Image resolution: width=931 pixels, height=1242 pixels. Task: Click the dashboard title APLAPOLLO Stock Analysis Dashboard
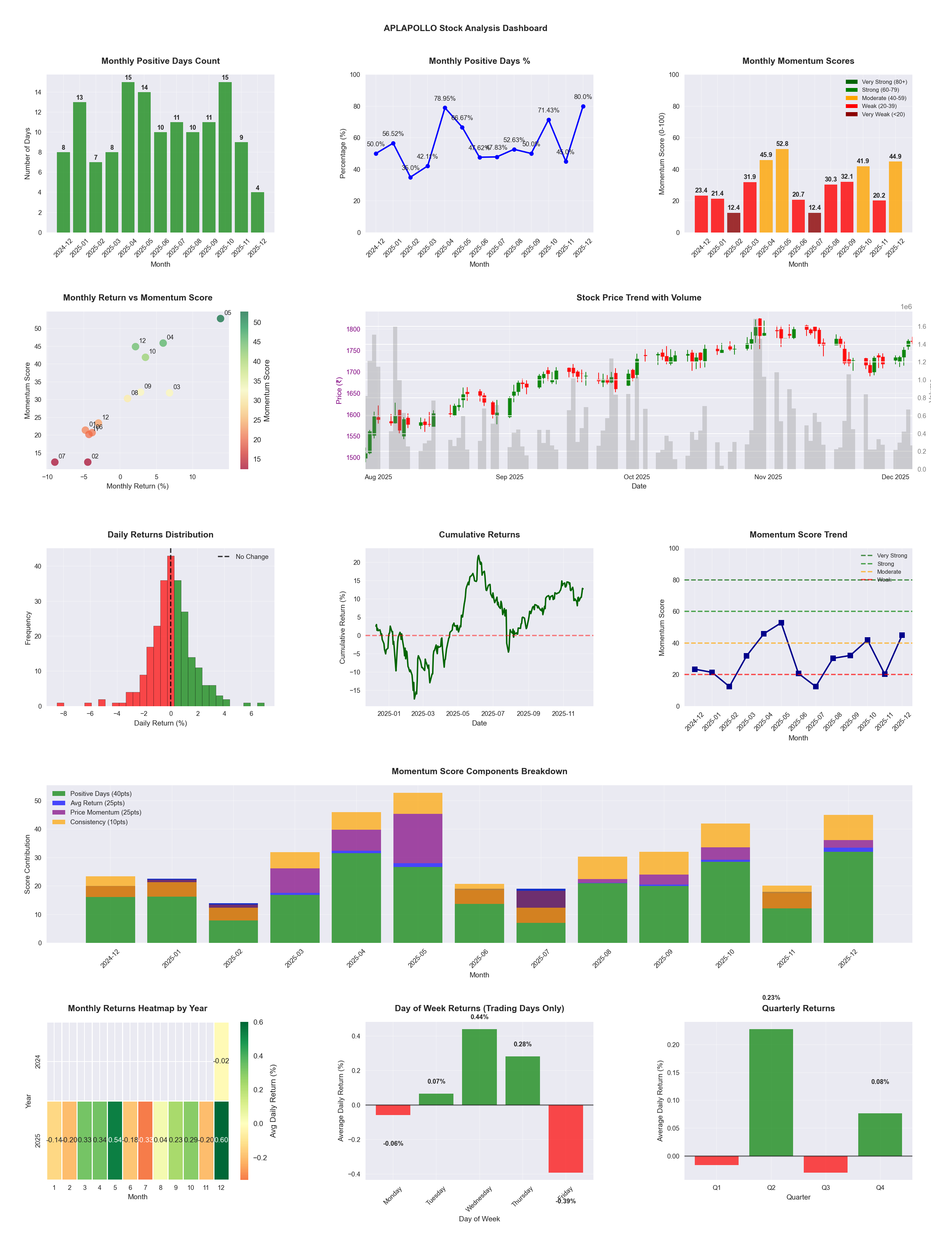[465, 28]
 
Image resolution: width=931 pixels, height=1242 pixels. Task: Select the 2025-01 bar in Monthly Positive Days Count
[80, 167]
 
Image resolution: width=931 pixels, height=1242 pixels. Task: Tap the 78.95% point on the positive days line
[445, 108]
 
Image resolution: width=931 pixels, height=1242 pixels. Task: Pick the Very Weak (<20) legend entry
[883, 115]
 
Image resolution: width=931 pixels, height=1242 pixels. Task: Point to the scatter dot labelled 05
[221, 318]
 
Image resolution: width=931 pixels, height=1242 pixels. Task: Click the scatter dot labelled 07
[54, 462]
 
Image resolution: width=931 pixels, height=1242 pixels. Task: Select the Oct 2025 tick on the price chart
[637, 477]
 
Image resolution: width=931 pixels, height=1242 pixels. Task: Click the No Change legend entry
[251, 557]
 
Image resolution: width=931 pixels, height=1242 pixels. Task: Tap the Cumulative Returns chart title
[479, 534]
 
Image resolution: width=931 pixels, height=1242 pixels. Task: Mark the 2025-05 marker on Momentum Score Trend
[781, 623]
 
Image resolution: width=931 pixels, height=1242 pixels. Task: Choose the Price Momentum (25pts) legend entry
[106, 812]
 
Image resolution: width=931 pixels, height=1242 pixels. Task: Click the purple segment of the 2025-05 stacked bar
[418, 838]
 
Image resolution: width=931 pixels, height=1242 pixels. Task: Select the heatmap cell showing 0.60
[221, 1140]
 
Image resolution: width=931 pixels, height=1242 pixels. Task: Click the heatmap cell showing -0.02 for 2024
[221, 1061]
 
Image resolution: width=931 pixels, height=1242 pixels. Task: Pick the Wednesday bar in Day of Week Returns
[479, 1067]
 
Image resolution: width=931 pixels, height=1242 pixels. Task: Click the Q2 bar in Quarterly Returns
[771, 1092]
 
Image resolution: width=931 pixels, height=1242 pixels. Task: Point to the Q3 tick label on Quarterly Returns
[825, 1187]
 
